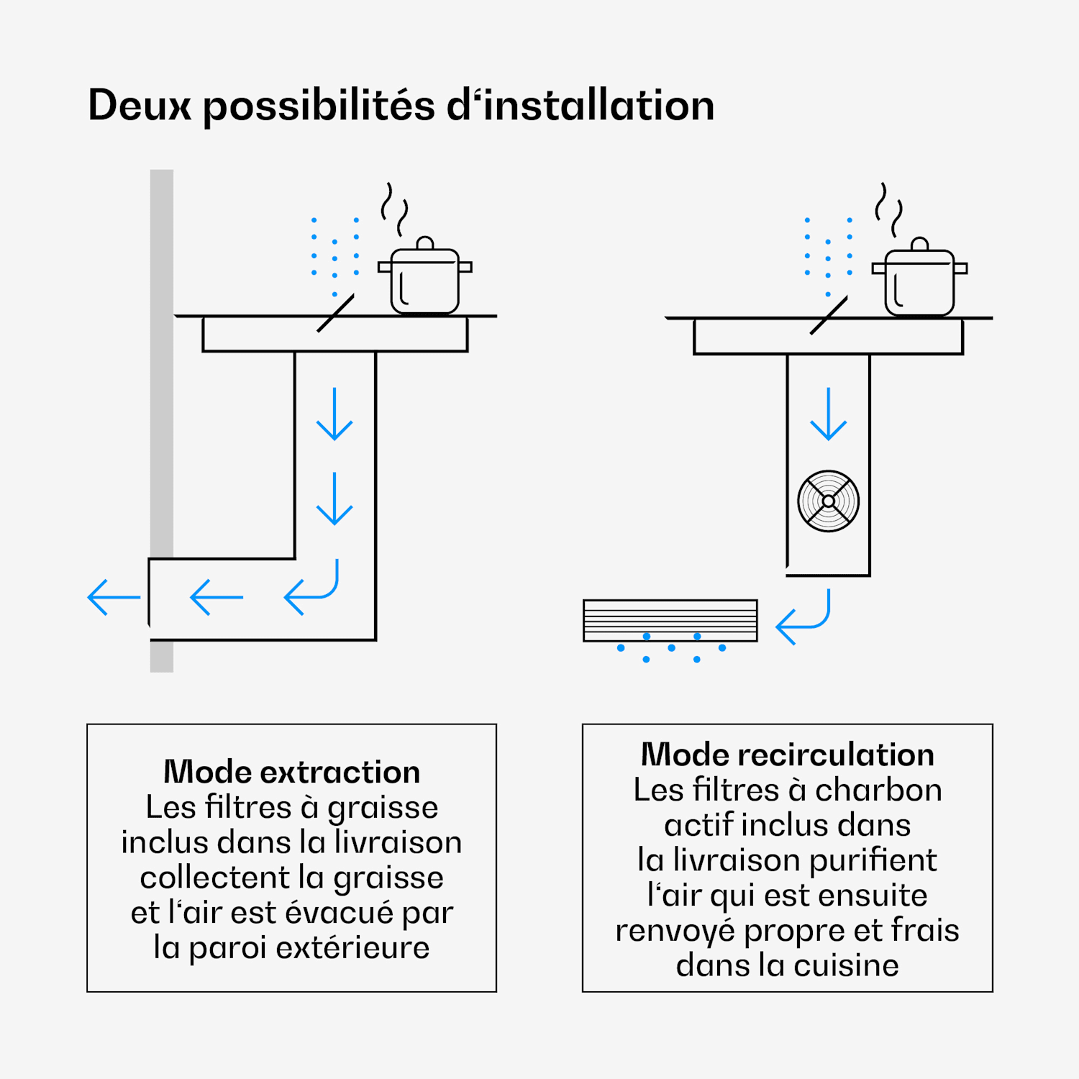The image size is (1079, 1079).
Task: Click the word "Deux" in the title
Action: click(x=140, y=106)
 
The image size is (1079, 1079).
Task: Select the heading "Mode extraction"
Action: click(x=292, y=772)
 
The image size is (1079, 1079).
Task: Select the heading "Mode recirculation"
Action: click(x=788, y=755)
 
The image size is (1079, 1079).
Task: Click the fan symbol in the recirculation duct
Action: click(x=829, y=501)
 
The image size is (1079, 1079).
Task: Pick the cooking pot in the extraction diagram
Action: click(x=425, y=276)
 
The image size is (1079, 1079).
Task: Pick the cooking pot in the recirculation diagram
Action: click(x=920, y=278)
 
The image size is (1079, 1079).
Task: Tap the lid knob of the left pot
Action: click(x=425, y=243)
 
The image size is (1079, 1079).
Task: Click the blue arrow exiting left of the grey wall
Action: click(x=114, y=597)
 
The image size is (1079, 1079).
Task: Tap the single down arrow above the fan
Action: click(x=829, y=414)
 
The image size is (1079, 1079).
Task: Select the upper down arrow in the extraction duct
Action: click(x=334, y=414)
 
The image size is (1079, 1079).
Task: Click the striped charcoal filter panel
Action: click(x=670, y=620)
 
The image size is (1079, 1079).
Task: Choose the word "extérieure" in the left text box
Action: click(x=352, y=947)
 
